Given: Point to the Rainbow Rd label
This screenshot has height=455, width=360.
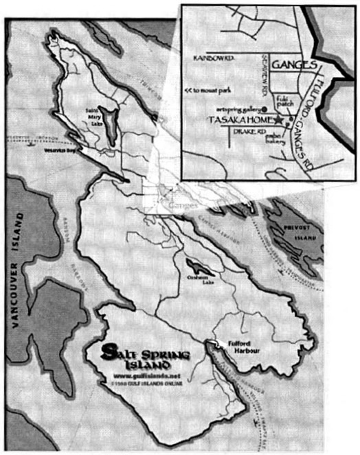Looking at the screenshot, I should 214,58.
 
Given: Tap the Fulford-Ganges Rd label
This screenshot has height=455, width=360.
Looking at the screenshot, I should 307,103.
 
